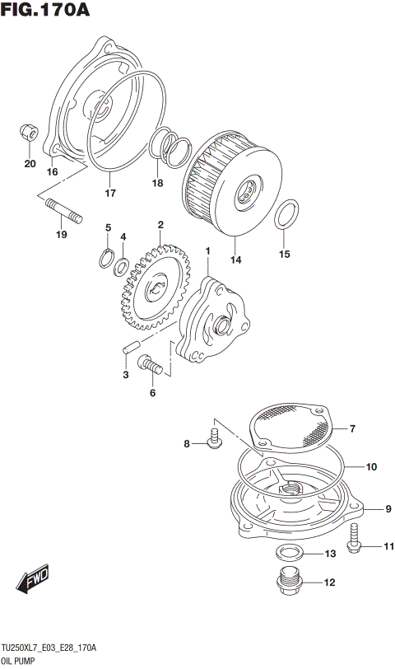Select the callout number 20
tap(30, 164)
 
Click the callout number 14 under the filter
tap(236, 260)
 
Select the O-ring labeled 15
tap(285, 216)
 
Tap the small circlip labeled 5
tap(106, 258)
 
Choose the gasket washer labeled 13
tap(288, 551)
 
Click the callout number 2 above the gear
tap(160, 225)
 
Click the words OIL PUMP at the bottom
tap(23, 661)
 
